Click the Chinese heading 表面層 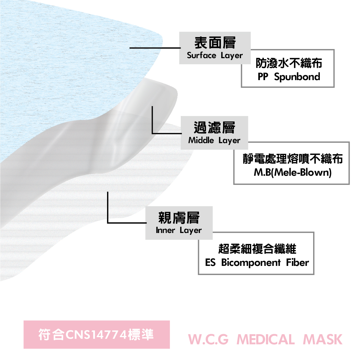(x=215, y=43)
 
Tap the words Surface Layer (x=215, y=56)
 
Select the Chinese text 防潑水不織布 (x=289, y=63)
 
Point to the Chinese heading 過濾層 (x=215, y=128)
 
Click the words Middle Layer (x=214, y=140)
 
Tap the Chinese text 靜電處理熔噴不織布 (x=293, y=159)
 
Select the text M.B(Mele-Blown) (x=293, y=172)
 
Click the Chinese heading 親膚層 (x=179, y=217)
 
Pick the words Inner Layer (x=179, y=230)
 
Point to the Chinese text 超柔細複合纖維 (x=257, y=249)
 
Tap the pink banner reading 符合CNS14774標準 (x=97, y=334)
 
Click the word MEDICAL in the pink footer (x=265, y=340)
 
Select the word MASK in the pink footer (x=323, y=340)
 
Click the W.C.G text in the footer (x=208, y=340)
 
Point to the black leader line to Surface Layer (x=155, y=48)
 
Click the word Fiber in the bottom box (x=297, y=262)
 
